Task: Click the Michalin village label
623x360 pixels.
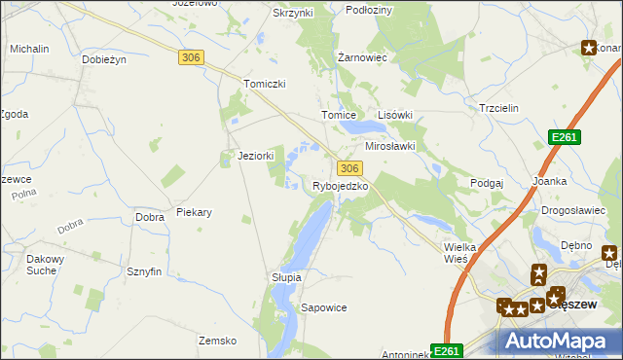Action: pyautogui.click(x=29, y=48)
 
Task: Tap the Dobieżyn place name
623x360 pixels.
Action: pyautogui.click(x=106, y=58)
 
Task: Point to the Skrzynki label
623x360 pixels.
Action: pyautogui.click(x=293, y=13)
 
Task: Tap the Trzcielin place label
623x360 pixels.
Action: pyautogui.click(x=501, y=108)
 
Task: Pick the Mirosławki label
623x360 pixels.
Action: pyautogui.click(x=390, y=146)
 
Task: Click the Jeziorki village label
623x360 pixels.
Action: pyautogui.click(x=256, y=156)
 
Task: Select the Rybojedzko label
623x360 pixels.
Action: pyautogui.click(x=341, y=186)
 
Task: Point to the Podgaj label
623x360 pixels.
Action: pyautogui.click(x=486, y=183)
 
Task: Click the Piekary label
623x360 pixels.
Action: pyautogui.click(x=194, y=211)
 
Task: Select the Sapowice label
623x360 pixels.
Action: pyautogui.click(x=324, y=307)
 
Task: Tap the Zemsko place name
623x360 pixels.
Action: pyautogui.click(x=218, y=341)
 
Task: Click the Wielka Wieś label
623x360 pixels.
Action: pyautogui.click(x=459, y=253)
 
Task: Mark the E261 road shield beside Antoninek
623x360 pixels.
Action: pyautogui.click(x=447, y=351)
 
